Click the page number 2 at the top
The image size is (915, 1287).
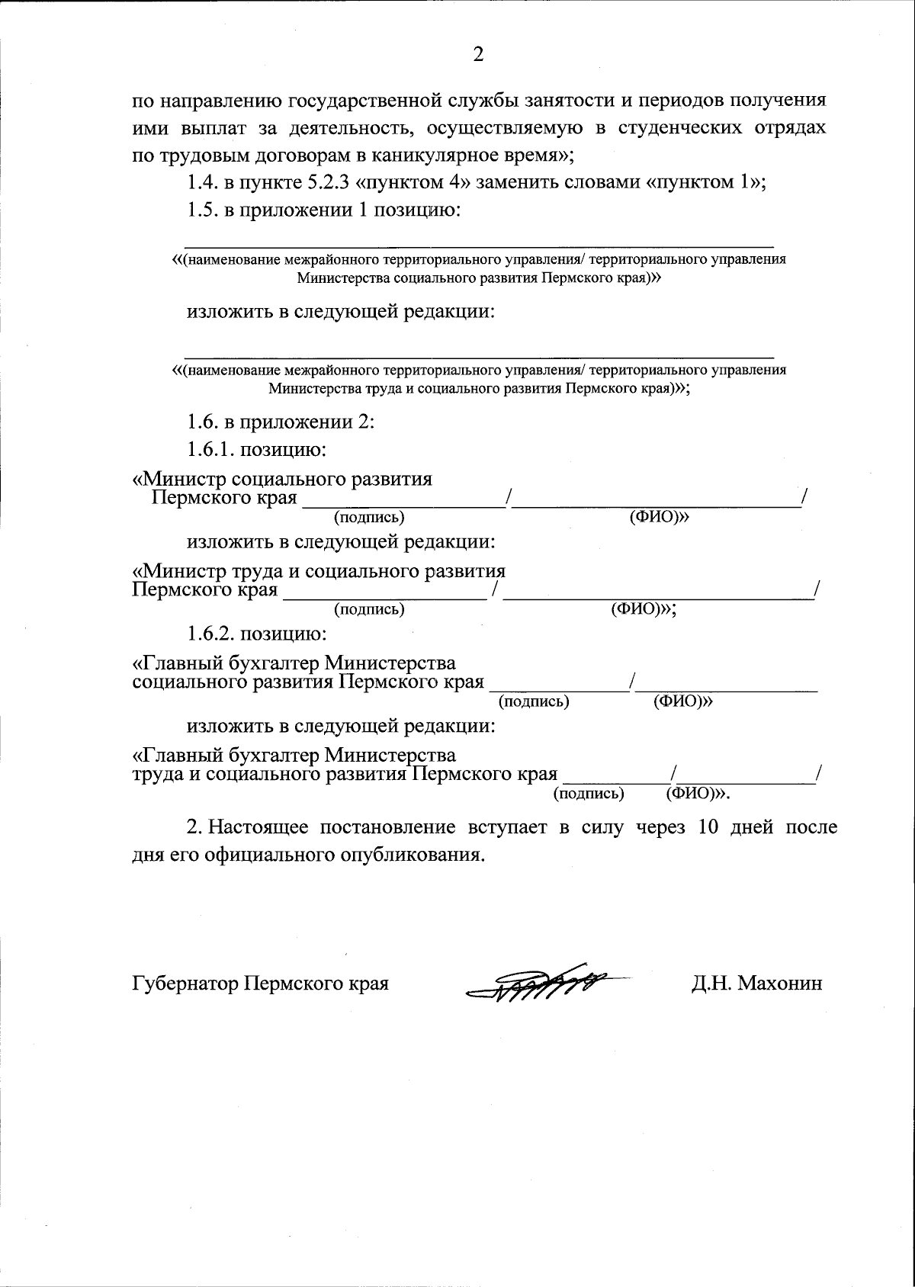(x=478, y=54)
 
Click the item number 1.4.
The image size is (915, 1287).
(x=202, y=182)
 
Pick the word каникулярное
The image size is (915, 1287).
(x=426, y=155)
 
